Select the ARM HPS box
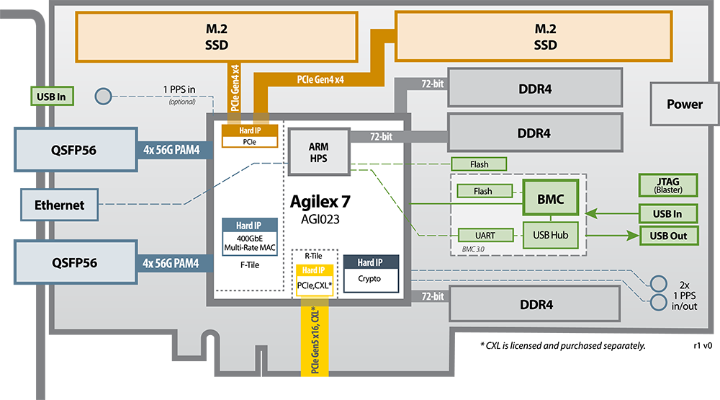pos(318,152)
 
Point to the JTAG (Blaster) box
pos(669,185)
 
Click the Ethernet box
pos(59,205)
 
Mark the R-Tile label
pos(313,256)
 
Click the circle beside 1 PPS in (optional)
pos(104,96)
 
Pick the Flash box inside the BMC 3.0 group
pos(484,191)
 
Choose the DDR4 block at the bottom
pos(536,305)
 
